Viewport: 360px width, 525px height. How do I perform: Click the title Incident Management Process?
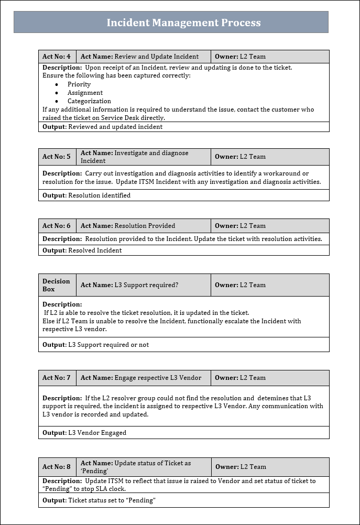[x=183, y=23]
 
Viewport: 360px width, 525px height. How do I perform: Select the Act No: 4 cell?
[x=57, y=57]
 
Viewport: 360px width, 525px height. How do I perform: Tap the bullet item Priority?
[x=79, y=84]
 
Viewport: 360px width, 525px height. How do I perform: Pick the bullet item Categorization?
[x=89, y=101]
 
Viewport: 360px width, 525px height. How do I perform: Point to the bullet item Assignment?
[x=85, y=93]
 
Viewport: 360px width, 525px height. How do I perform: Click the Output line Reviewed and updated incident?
[x=103, y=127]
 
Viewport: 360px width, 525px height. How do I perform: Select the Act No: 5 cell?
[x=57, y=157]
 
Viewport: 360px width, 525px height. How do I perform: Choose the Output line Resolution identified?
[x=86, y=195]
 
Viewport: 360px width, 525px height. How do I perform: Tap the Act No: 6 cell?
[x=57, y=226]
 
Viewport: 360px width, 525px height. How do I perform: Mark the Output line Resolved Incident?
[x=82, y=250]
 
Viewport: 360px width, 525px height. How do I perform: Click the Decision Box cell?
[x=57, y=285]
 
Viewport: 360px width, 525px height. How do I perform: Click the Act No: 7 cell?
[x=57, y=378]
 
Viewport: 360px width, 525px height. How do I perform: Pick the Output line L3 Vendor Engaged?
[x=84, y=433]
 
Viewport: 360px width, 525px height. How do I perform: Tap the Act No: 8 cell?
[x=57, y=467]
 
